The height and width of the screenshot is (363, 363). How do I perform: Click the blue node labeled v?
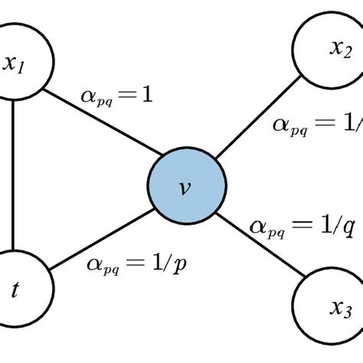click(x=186, y=187)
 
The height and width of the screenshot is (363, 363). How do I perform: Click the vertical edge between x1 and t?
click(x=13, y=176)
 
